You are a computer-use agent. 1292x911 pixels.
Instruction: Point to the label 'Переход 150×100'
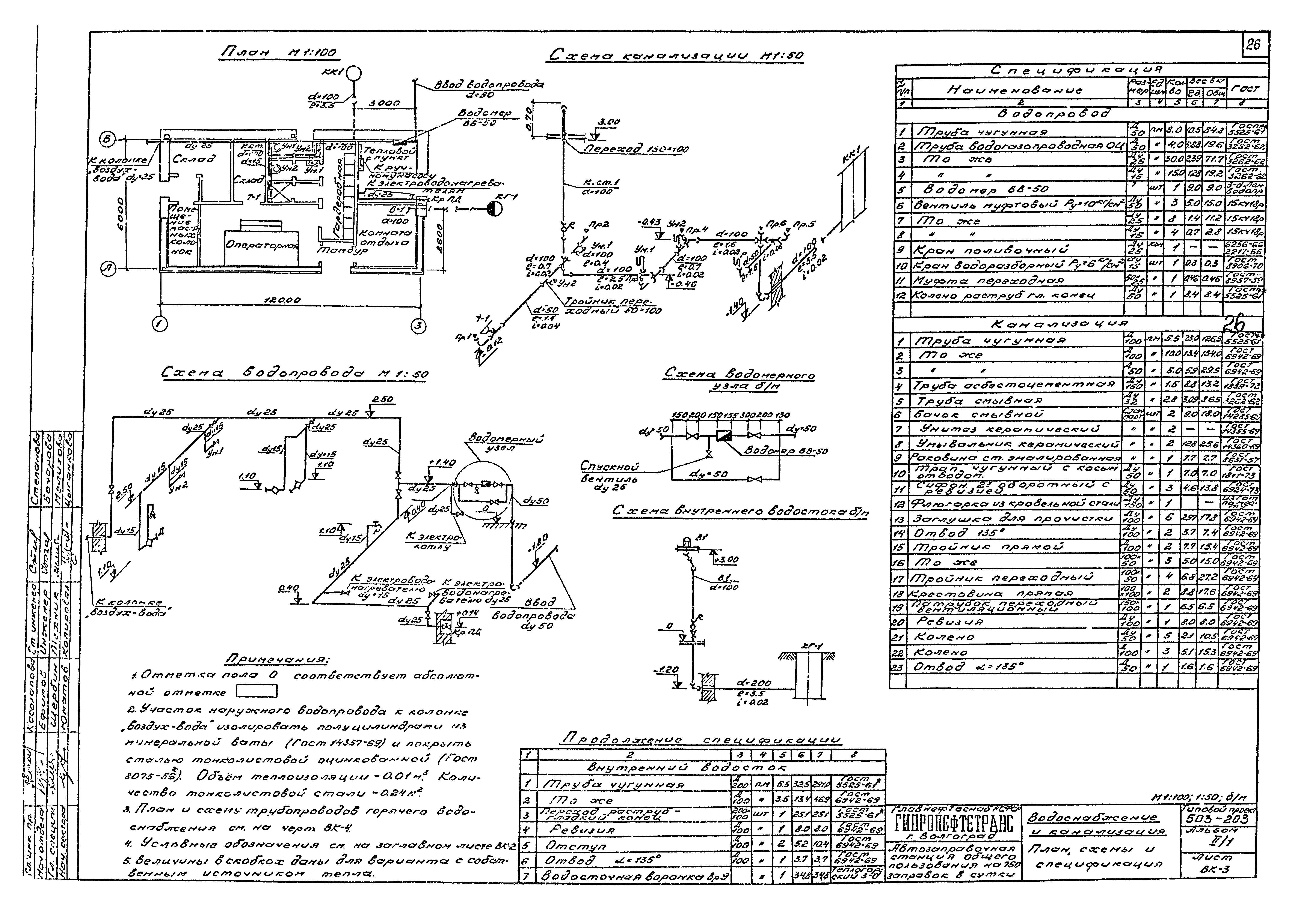(636, 149)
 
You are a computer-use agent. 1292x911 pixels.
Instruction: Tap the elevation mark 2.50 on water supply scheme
(382, 400)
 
